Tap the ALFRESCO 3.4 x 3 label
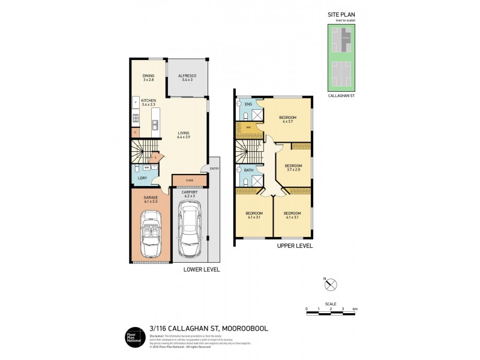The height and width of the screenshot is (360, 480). point(187,77)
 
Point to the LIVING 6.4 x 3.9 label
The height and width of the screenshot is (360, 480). point(184,135)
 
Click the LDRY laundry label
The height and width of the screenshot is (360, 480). point(143,178)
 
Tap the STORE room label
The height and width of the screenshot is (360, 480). point(188,179)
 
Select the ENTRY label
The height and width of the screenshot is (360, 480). point(214,169)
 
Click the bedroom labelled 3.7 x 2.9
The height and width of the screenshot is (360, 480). point(293,168)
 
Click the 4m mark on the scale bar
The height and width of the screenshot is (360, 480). point(355,309)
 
